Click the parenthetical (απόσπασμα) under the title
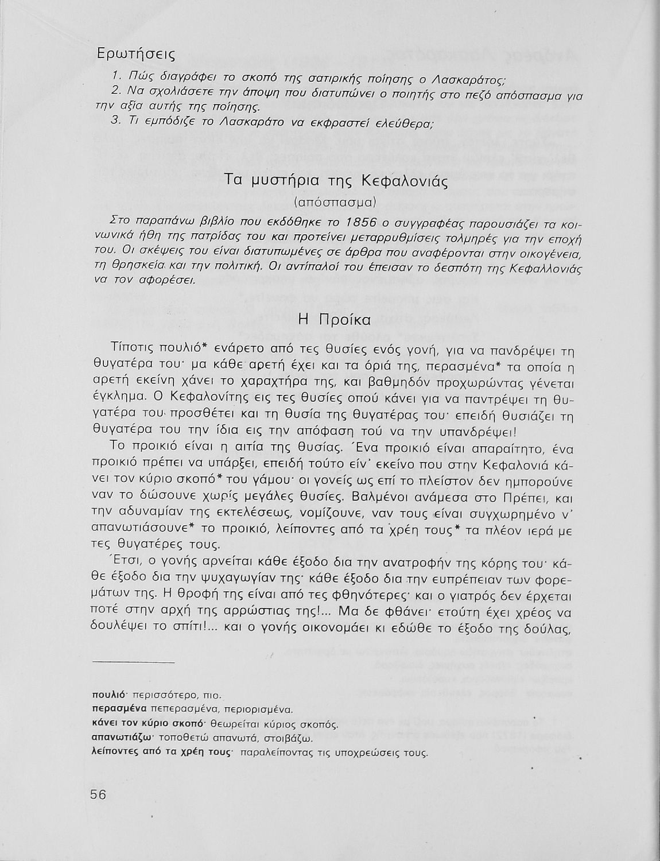coord(334,202)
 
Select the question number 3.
coord(115,121)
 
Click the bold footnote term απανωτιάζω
coord(121,738)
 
